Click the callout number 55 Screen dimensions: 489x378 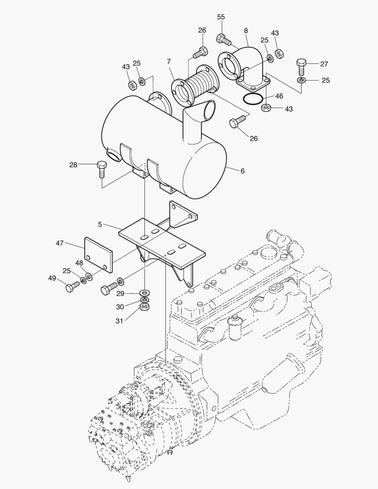pos(221,17)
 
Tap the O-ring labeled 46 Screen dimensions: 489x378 pos(252,98)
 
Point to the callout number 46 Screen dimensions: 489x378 pos(279,96)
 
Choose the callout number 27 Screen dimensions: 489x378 pos(324,64)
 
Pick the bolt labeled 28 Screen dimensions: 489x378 pos(101,169)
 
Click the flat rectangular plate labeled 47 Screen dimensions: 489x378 pos(98,255)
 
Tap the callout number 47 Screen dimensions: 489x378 pos(60,243)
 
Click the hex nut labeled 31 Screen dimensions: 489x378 pos(145,307)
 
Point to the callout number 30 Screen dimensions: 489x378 pos(120,307)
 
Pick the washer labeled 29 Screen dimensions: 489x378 pos(145,292)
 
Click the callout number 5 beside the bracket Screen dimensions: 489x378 pos(100,224)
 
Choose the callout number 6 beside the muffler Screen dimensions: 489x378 pos(243,171)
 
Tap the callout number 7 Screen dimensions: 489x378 pos(169,61)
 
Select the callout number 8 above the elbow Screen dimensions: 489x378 pos(246,31)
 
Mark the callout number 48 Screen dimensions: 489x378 pos(79,263)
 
